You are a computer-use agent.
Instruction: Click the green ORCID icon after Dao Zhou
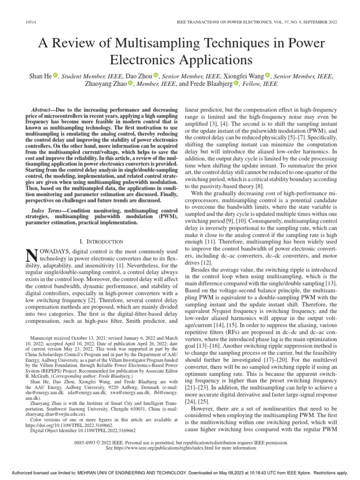tap(157, 75)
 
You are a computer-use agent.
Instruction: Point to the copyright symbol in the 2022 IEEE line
tap(117, 442)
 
